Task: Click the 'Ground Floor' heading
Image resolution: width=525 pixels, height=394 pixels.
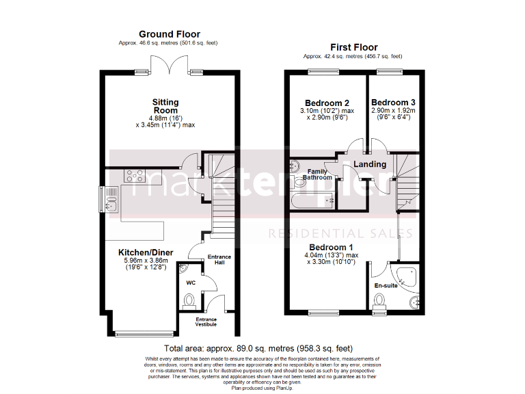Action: pos(169,34)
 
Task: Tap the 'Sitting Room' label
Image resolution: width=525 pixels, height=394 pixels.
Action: pos(165,106)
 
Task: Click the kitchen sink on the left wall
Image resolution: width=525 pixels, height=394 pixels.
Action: pos(111,199)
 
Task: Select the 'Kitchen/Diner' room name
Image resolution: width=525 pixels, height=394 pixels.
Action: pos(146,252)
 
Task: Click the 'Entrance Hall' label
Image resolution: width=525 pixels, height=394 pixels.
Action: pos(219,259)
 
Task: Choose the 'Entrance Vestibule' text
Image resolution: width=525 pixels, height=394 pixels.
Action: pos(206,321)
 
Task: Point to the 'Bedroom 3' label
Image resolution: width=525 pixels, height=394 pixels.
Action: pos(393,103)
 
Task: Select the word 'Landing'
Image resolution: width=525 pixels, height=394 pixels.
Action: pos(370,164)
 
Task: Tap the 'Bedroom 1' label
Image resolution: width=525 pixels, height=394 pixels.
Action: pos(331,247)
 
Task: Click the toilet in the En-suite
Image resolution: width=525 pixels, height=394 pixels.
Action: pos(380,300)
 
